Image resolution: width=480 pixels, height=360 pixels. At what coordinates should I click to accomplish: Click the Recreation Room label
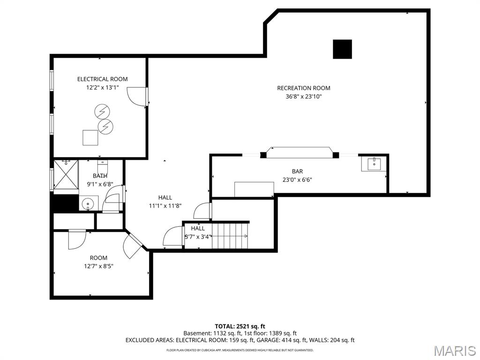pyautogui.click(x=303, y=88)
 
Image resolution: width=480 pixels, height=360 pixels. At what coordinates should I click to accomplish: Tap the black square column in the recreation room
pyautogui.click(x=342, y=49)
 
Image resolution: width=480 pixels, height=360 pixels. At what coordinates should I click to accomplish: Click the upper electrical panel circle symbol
pyautogui.click(x=102, y=112)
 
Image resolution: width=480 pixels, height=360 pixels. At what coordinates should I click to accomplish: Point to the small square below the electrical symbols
pyautogui.click(x=90, y=137)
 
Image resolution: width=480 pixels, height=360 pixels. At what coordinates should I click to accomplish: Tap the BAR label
pyautogui.click(x=297, y=172)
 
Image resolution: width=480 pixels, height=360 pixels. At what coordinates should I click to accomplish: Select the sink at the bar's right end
pyautogui.click(x=374, y=164)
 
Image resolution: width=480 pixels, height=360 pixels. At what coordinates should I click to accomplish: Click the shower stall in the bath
pyautogui.click(x=66, y=177)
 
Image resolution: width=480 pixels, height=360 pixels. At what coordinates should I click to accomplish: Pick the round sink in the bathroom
pyautogui.click(x=87, y=204)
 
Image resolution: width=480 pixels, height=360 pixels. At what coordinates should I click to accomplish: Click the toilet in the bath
pyautogui.click(x=103, y=167)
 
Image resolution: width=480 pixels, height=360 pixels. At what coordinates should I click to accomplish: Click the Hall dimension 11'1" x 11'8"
pyautogui.click(x=165, y=206)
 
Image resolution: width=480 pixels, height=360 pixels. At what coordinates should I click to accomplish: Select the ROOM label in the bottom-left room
pyautogui.click(x=98, y=258)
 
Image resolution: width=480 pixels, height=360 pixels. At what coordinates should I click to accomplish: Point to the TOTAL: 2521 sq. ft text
pyautogui.click(x=240, y=326)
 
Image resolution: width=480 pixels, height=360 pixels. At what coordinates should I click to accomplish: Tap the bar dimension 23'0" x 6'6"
pyautogui.click(x=297, y=180)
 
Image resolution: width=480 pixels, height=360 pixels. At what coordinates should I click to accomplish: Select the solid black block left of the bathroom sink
pyautogui.click(x=64, y=203)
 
